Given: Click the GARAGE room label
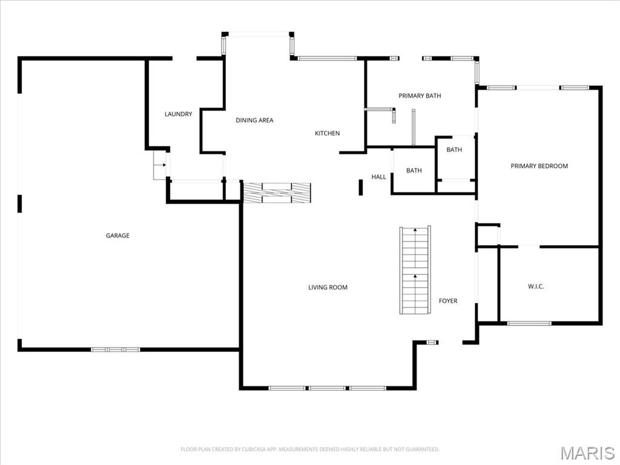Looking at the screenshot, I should point(117,236).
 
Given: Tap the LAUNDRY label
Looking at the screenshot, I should point(178,114).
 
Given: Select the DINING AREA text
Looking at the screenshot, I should point(254,120).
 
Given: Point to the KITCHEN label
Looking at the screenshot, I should point(327,133).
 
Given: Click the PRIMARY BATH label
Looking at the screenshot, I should point(420,96).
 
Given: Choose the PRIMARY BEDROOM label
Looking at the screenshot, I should point(539,166).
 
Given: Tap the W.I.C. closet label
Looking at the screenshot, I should point(536,286).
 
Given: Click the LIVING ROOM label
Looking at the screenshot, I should point(328,288).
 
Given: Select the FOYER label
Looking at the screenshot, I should point(448,301).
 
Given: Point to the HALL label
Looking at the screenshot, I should point(378,177).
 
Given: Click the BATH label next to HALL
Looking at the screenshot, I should point(414,171).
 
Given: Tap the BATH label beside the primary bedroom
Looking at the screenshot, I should point(454,150).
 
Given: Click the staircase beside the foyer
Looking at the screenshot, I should point(415,270).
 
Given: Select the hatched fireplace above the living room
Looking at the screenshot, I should point(277,193).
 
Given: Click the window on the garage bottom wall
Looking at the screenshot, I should point(116,349).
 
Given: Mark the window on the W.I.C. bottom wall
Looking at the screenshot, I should point(529,323).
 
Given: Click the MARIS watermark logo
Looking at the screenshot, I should point(587,453).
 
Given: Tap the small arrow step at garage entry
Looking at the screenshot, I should point(160,165).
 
